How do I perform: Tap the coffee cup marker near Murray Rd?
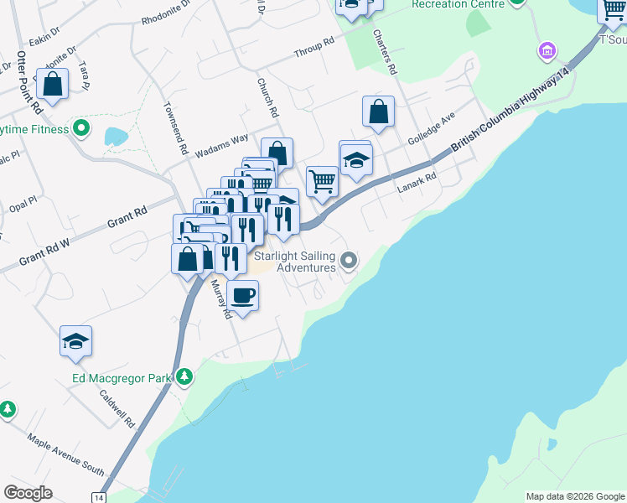[x=243, y=296]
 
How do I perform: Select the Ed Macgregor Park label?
[x=121, y=378]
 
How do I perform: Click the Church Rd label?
[x=267, y=96]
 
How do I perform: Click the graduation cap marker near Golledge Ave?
[x=356, y=158]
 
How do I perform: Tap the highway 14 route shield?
[x=99, y=497]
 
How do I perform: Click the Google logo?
[x=28, y=493]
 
